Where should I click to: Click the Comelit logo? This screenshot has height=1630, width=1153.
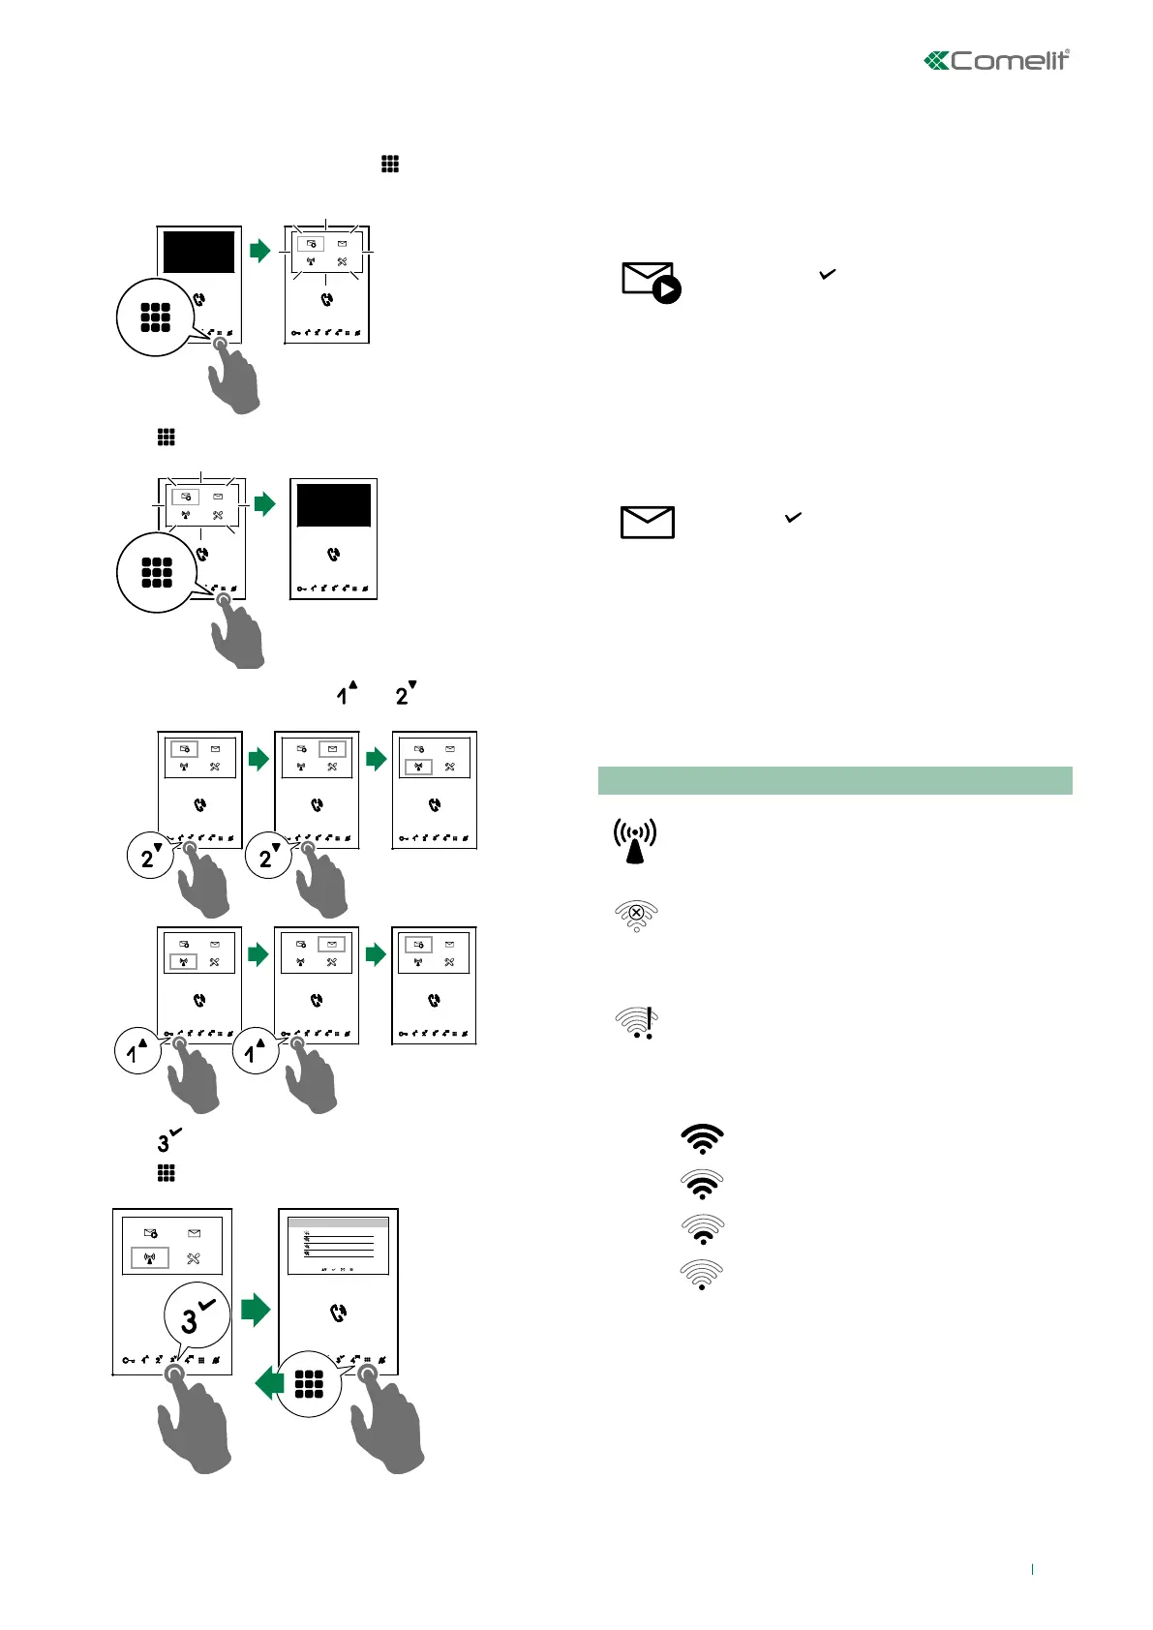point(996,61)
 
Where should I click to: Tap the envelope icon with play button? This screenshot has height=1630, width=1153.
point(651,282)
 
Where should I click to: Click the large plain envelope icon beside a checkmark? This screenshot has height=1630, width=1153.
point(647,523)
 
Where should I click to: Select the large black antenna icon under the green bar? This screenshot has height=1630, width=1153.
point(635,841)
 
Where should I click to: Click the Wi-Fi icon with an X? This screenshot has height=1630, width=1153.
point(636,915)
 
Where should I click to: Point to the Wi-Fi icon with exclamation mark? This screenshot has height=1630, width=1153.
point(637,1022)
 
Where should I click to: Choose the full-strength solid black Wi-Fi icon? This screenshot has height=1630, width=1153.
point(703,1138)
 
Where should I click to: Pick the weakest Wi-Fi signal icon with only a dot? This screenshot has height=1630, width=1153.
point(702,1275)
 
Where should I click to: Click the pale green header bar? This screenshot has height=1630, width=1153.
point(834,780)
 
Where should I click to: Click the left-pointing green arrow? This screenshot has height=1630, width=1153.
point(269,1383)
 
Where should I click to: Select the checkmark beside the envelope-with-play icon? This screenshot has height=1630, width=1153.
point(827,275)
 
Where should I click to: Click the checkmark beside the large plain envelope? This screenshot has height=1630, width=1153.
point(793,518)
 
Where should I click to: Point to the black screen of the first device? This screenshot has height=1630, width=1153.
point(198,252)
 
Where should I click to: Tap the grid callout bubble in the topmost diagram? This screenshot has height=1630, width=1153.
point(155,317)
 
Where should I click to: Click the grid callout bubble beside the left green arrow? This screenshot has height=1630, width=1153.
point(309,1384)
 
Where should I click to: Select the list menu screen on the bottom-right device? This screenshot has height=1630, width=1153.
point(338,1246)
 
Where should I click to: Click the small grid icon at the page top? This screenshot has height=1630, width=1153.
point(390,165)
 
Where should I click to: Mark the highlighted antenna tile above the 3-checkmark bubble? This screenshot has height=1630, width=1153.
point(150,1258)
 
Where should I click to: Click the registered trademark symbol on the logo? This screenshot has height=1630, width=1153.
point(1067,52)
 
